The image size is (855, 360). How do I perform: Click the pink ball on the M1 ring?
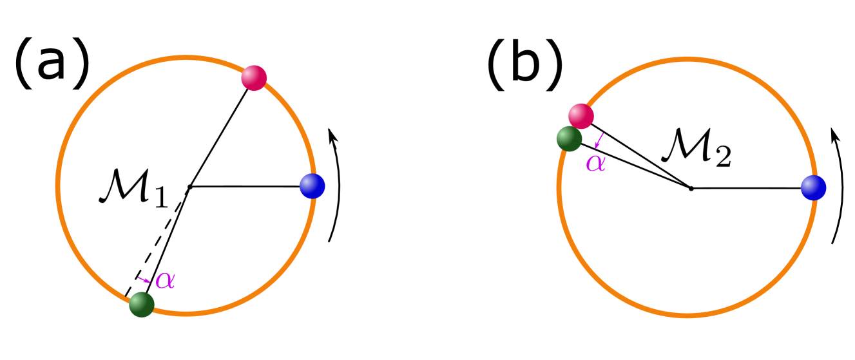[254, 78]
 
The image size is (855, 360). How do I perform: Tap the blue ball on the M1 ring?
[312, 186]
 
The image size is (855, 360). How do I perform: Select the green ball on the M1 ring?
[142, 304]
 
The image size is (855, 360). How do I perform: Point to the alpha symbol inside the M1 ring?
[166, 280]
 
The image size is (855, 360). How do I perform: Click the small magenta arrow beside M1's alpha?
[144, 279]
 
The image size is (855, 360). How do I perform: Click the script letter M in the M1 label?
[124, 188]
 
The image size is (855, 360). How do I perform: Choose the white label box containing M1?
[133, 187]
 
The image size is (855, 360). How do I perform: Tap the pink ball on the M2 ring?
[581, 116]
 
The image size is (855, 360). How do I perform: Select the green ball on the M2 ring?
[569, 139]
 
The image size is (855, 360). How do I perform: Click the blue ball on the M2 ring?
[813, 188]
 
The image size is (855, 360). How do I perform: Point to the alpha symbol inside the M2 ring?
[595, 162]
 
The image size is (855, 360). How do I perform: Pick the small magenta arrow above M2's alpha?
[599, 140]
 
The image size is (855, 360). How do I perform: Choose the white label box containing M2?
[696, 146]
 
